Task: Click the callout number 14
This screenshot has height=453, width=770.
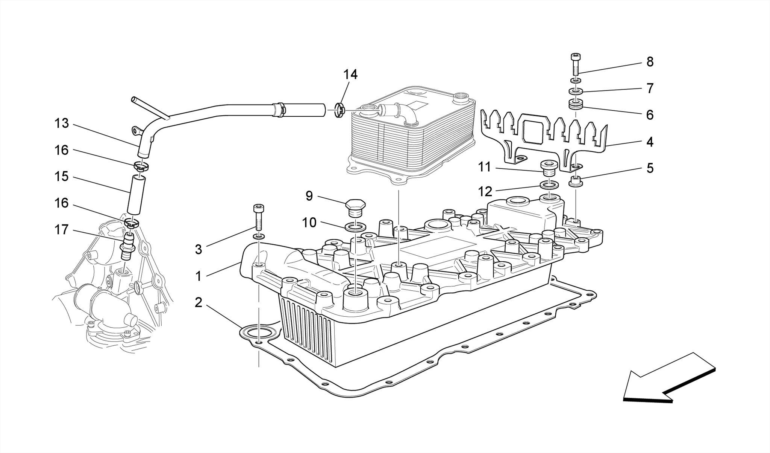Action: [x=350, y=75]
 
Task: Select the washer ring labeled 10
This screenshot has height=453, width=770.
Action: [x=355, y=227]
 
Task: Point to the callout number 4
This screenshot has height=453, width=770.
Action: [x=650, y=142]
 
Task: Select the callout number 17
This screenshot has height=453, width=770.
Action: [x=62, y=230]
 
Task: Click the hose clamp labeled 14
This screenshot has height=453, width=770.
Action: [x=339, y=110]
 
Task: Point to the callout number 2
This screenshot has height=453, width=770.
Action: [x=199, y=302]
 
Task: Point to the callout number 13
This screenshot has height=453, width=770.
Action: [x=62, y=124]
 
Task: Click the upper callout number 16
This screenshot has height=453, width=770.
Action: [x=62, y=150]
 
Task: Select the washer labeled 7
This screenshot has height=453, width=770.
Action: [x=576, y=91]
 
